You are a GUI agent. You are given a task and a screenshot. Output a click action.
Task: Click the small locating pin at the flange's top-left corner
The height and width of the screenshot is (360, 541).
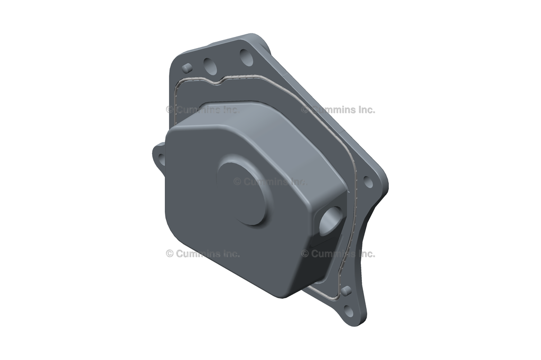point(186,68)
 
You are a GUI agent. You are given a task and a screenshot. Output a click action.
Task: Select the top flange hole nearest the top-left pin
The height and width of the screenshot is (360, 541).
point(210,66)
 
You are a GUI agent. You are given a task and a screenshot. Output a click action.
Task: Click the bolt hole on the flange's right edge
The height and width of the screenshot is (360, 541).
point(368,182)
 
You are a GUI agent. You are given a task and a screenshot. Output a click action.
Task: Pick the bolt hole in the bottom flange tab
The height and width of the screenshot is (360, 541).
point(349,311)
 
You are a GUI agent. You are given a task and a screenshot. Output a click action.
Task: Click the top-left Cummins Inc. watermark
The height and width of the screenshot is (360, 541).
point(203,110)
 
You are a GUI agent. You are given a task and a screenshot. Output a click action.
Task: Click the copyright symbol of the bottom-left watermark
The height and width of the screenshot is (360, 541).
point(170,253)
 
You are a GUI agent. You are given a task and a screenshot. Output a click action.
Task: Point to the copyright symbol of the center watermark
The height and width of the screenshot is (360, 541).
point(237,182)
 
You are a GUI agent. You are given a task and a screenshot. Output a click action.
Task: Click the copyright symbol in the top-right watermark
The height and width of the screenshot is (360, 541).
point(305,110)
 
